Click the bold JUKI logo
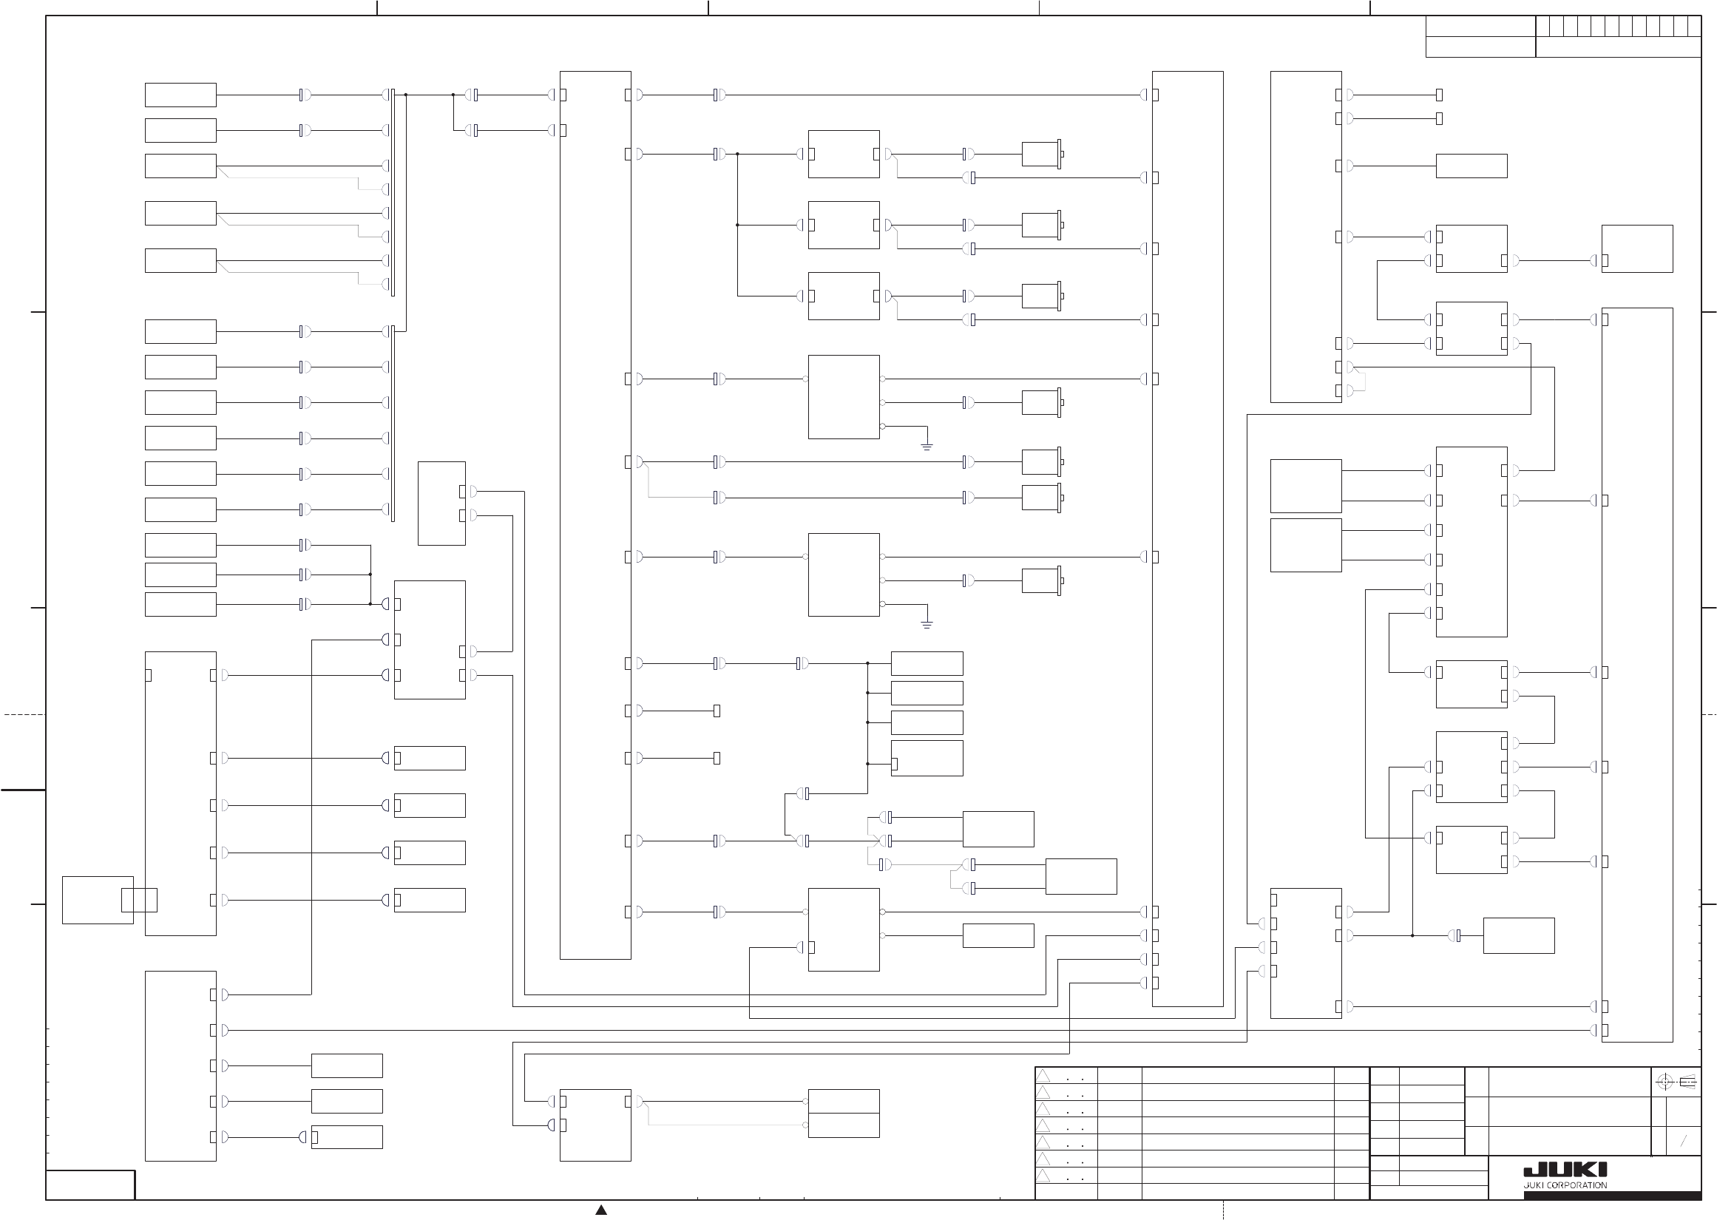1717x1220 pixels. pyautogui.click(x=1565, y=1171)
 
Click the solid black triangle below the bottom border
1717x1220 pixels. pyautogui.click(x=601, y=1210)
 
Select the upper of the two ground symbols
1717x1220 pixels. pyautogui.click(x=927, y=447)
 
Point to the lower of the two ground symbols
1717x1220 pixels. pyautogui.click(x=927, y=624)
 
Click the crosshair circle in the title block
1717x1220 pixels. pyautogui.click(x=1664, y=1082)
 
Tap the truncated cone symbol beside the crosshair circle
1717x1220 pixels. pyautogui.click(x=1687, y=1082)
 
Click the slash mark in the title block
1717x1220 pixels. pyautogui.click(x=1683, y=1141)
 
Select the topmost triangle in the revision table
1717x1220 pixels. pyautogui.click(x=1043, y=1076)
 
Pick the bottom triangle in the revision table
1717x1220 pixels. pyautogui.click(x=1043, y=1176)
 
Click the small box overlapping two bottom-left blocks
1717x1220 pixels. pyautogui.click(x=139, y=900)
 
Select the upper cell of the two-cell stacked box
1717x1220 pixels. pyautogui.click(x=844, y=1101)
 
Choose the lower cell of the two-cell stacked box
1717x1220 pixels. pyautogui.click(x=844, y=1125)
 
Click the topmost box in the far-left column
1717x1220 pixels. pyautogui.click(x=180, y=95)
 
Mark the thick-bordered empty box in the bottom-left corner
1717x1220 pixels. pyautogui.click(x=90, y=1185)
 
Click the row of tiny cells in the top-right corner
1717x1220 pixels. pyautogui.click(x=1618, y=27)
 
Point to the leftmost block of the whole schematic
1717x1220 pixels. pyautogui.click(x=98, y=900)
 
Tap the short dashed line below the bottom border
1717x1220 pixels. pyautogui.click(x=1224, y=1210)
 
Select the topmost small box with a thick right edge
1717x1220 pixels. pyautogui.click(x=1041, y=154)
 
